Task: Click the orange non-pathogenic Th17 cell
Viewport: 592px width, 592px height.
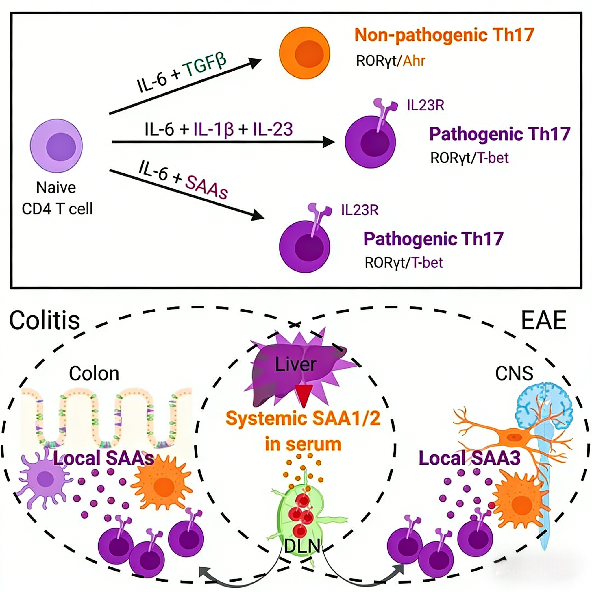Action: [304, 53]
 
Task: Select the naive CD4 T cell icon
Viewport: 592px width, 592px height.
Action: [56, 146]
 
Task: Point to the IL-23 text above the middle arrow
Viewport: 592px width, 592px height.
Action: [273, 129]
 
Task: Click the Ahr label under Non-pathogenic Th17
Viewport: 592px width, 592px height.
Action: [414, 61]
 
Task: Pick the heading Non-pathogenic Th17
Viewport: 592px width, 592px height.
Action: [444, 35]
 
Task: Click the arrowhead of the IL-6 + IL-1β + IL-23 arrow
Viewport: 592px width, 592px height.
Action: [328, 142]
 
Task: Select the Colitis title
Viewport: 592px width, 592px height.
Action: [45, 321]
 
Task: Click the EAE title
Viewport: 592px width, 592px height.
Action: [544, 320]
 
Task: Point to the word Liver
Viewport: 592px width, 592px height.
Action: [296, 364]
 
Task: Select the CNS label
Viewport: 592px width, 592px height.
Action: [514, 373]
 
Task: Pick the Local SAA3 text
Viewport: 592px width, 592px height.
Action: [469, 458]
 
